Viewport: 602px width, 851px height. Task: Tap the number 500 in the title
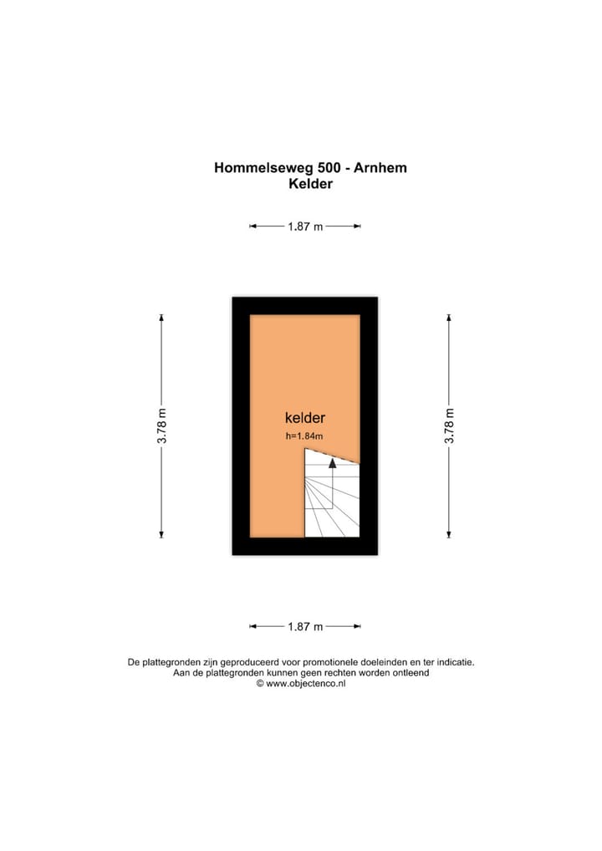[x=323, y=167]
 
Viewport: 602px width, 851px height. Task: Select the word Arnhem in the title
[x=380, y=167]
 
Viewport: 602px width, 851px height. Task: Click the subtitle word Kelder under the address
[x=310, y=184]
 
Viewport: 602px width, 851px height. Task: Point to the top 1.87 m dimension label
[x=305, y=227]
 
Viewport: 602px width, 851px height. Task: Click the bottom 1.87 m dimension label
[x=305, y=626]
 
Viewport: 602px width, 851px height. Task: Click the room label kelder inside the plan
[x=304, y=418]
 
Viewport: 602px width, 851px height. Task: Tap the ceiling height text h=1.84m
[x=304, y=436]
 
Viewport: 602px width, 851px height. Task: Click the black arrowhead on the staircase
[x=333, y=461]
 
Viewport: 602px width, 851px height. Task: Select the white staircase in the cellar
[x=331, y=502]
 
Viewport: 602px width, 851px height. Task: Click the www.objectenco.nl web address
[x=306, y=684]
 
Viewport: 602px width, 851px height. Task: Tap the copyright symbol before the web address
[x=260, y=684]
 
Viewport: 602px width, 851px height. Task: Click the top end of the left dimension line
[x=162, y=316]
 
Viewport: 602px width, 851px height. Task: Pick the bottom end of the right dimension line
[x=450, y=537]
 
